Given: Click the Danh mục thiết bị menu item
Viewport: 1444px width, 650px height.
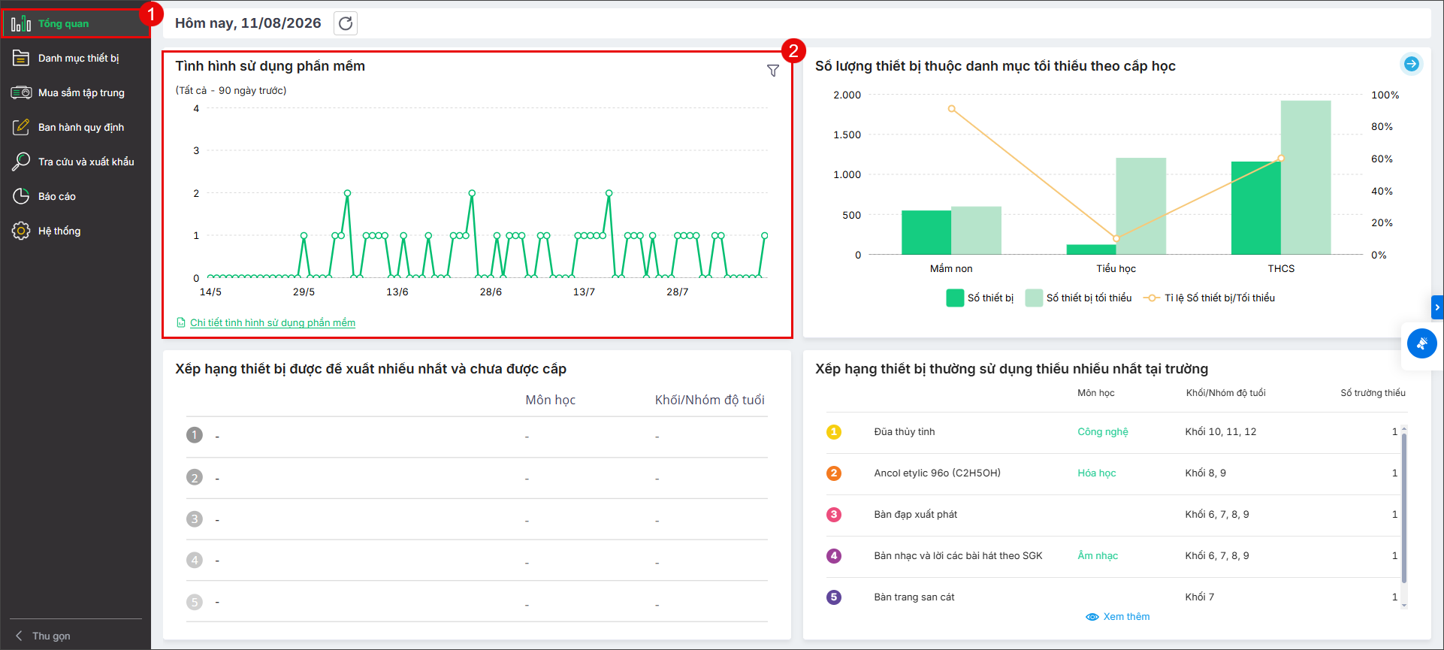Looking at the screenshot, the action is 78,58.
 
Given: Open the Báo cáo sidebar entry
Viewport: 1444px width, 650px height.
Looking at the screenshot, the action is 56,196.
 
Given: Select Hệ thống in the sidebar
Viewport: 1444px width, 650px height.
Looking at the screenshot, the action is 59,231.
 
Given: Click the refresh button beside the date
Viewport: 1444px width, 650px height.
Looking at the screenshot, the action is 346,23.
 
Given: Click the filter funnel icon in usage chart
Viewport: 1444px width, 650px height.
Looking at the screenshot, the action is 772,71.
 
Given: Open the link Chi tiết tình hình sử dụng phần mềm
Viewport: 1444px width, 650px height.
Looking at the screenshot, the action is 273,322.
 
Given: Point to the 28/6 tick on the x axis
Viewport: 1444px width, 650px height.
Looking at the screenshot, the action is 491,292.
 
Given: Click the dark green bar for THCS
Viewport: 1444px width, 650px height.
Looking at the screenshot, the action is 1255,208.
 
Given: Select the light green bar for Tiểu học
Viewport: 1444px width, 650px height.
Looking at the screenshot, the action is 1140,206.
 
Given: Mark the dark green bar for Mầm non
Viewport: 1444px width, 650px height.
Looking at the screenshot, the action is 926,232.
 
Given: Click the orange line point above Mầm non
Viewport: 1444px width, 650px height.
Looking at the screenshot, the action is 952,109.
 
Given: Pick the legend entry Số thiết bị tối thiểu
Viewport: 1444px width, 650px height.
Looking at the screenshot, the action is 1079,298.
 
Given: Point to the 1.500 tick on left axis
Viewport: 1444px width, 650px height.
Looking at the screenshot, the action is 847,135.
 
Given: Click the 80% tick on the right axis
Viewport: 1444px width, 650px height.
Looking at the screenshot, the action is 1382,126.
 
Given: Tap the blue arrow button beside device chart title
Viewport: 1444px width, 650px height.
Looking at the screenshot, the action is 1412,64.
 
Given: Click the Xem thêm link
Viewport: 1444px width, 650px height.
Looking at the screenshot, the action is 1118,617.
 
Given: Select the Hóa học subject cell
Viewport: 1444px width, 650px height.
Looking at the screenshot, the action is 1097,473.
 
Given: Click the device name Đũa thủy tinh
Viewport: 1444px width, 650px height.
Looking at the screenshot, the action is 905,431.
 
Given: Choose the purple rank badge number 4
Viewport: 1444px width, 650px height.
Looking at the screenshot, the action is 834,556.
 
